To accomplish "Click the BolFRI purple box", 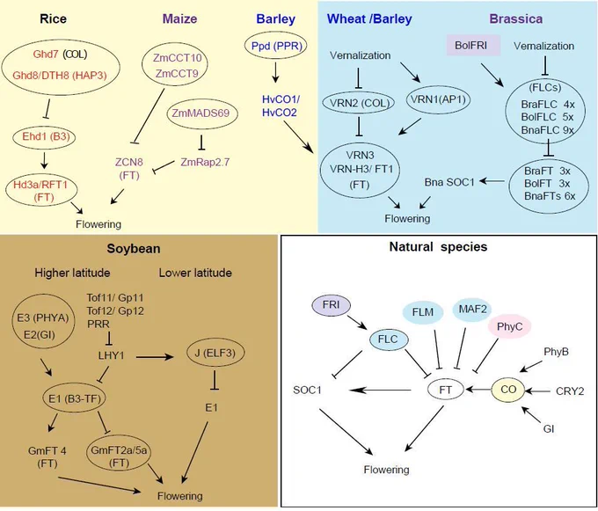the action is coord(473,46).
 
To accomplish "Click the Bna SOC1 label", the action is coord(449,182).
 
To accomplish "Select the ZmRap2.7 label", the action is coord(205,162).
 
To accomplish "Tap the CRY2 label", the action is coord(570,391).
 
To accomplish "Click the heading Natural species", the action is coord(438,247).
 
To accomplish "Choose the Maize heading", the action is coord(179,18).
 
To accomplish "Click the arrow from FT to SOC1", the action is coord(380,390).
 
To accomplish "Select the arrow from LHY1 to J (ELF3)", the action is coord(155,357).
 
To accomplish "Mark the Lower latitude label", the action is coord(195,273).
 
